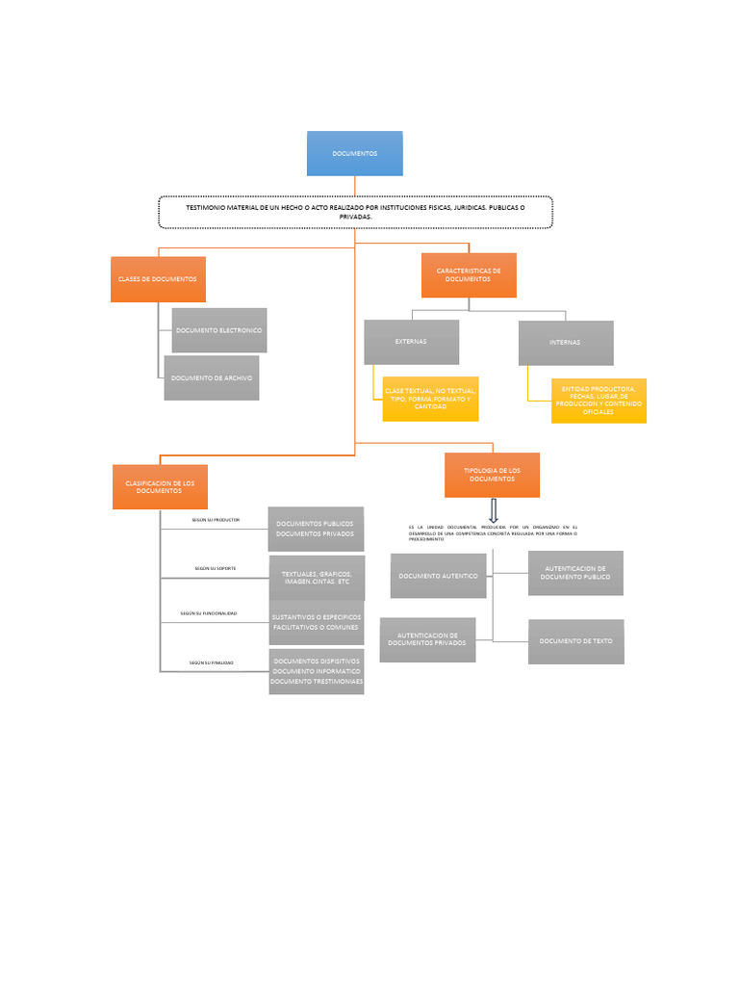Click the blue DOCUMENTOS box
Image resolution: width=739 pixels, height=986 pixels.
pyautogui.click(x=354, y=154)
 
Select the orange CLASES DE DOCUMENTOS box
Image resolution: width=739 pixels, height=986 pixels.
pyautogui.click(x=158, y=279)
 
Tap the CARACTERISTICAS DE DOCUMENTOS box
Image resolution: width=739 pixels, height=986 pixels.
pyautogui.click(x=469, y=275)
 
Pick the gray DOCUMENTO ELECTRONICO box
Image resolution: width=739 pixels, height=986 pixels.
pyautogui.click(x=218, y=330)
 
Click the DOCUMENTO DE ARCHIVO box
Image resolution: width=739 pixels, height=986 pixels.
pyautogui.click(x=212, y=378)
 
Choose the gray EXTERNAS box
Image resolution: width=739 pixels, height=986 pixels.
pyautogui.click(x=411, y=342)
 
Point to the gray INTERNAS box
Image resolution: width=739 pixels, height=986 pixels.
pyautogui.click(x=565, y=343)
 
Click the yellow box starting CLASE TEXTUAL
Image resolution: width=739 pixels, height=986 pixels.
pyautogui.click(x=429, y=399)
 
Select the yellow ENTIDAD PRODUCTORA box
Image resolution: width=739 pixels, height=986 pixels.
pyautogui.click(x=598, y=400)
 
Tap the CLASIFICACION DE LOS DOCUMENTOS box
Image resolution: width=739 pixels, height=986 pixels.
pyautogui.click(x=160, y=486)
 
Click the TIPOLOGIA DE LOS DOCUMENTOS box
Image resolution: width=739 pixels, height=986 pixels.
pyautogui.click(x=492, y=475)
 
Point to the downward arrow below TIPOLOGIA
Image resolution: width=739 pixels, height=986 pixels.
pyautogui.click(x=493, y=510)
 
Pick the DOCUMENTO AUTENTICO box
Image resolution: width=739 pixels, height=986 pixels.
pyautogui.click(x=438, y=576)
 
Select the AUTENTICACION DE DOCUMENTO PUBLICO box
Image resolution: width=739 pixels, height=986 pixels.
pyautogui.click(x=575, y=573)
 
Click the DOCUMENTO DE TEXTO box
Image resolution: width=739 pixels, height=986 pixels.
pyautogui.click(x=575, y=641)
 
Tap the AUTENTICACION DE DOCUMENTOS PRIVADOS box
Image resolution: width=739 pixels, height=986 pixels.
pyautogui.click(x=427, y=639)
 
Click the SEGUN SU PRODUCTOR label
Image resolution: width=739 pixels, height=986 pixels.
pyautogui.click(x=216, y=520)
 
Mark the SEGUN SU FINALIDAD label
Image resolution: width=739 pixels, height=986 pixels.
pyautogui.click(x=212, y=662)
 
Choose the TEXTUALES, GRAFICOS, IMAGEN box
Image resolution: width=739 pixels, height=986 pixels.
pyautogui.click(x=317, y=579)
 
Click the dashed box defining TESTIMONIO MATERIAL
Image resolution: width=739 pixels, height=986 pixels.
pyautogui.click(x=355, y=212)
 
